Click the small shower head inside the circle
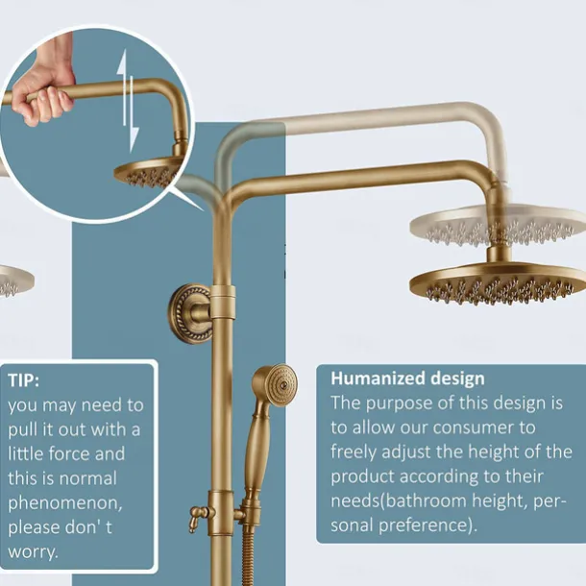tap(147, 174)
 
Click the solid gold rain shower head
tap(497, 282)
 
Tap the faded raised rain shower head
tap(497, 226)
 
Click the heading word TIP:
tap(25, 379)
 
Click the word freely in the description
tap(354, 450)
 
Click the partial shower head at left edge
tap(13, 281)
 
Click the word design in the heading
tap(452, 378)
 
